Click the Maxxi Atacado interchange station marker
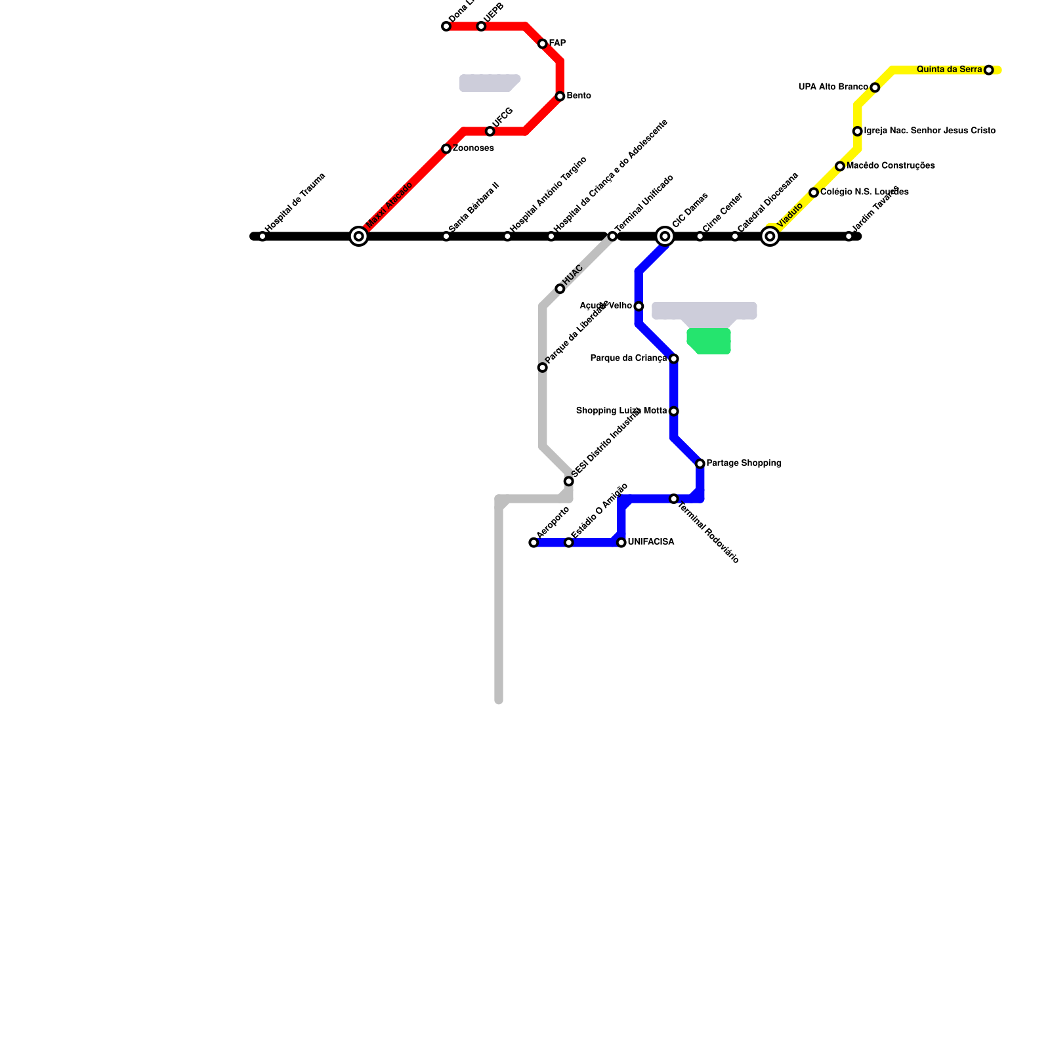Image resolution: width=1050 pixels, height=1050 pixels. click(x=358, y=236)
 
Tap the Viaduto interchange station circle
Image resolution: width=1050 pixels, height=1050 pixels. click(x=770, y=236)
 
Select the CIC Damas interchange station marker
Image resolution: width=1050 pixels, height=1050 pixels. click(x=665, y=236)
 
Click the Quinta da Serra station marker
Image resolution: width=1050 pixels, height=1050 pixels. click(x=989, y=70)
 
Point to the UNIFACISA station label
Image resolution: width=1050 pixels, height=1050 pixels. click(x=650, y=542)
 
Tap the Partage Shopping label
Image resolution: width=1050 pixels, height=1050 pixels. click(x=744, y=463)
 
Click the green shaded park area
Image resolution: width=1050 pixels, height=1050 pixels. click(x=709, y=341)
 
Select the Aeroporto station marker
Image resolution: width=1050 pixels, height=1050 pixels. click(x=534, y=543)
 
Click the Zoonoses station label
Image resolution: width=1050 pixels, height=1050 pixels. click(x=473, y=148)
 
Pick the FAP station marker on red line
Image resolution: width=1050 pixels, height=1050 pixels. click(x=543, y=44)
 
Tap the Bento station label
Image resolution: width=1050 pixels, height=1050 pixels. click(x=579, y=96)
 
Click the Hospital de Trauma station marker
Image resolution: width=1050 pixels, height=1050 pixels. click(x=262, y=236)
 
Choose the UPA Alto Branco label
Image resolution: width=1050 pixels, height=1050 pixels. click(x=833, y=87)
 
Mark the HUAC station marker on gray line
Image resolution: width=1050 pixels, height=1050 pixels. click(x=560, y=289)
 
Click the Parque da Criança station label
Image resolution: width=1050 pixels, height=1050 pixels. click(x=628, y=358)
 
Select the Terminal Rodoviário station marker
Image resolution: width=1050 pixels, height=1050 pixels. click(x=674, y=499)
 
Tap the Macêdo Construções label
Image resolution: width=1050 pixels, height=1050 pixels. click(x=891, y=166)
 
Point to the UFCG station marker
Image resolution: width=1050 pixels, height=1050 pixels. click(x=490, y=131)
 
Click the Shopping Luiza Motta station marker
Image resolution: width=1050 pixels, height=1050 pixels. click(x=674, y=411)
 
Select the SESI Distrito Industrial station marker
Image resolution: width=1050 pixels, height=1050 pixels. click(x=569, y=481)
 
